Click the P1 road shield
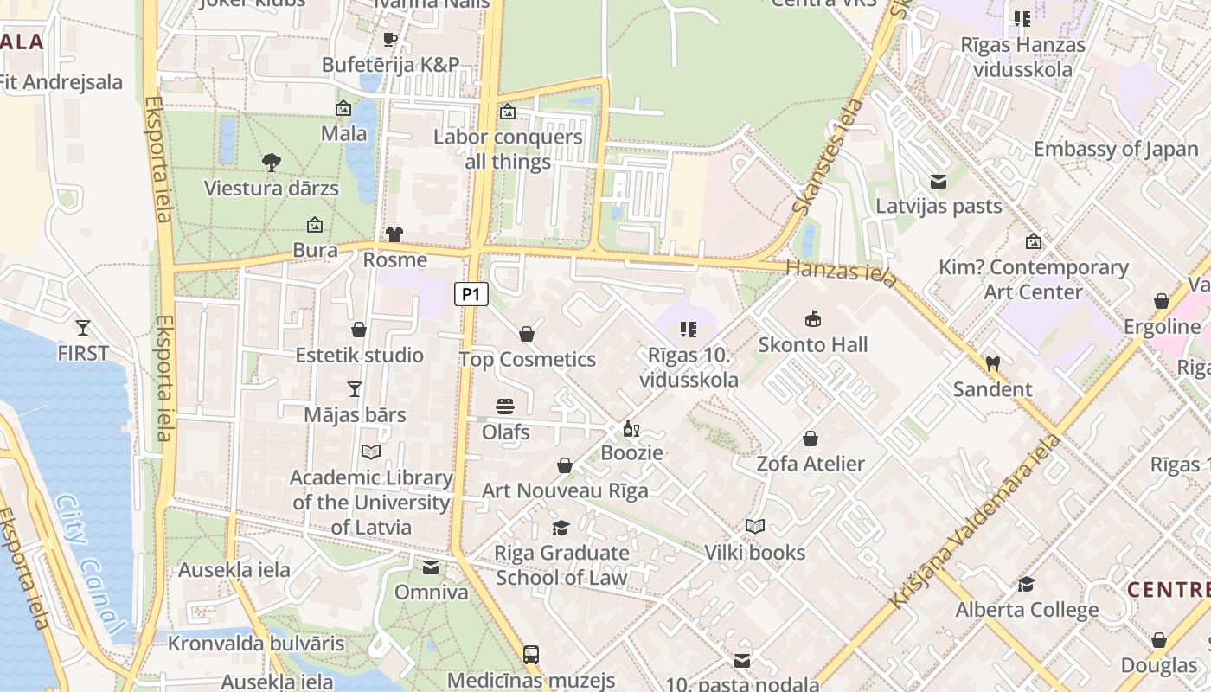471,294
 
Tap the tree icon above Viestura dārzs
271,162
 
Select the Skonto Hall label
812,344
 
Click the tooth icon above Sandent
992,364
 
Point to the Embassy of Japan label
1116,149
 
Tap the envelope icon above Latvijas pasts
939,182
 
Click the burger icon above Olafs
505,407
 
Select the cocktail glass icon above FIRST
83,328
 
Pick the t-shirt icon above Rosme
394,234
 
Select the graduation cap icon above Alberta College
1026,585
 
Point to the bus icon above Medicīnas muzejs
531,655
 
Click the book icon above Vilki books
754,527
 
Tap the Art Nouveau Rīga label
565,490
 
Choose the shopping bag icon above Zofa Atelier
811,439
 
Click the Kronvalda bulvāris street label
255,644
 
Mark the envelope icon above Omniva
431,567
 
